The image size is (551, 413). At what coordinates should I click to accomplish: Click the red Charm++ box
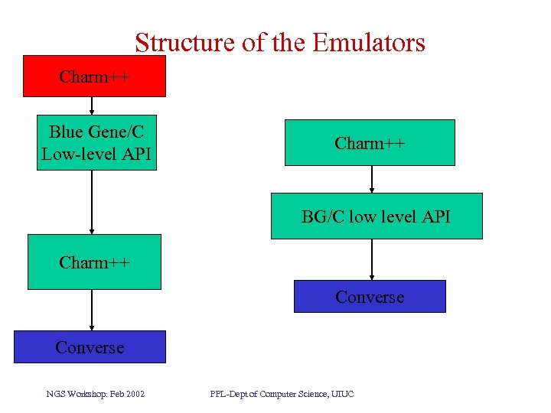click(x=94, y=76)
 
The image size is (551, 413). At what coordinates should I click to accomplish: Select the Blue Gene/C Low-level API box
click(x=96, y=142)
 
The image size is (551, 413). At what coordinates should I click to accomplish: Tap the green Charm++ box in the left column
click(x=94, y=262)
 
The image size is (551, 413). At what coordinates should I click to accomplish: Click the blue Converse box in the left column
click(x=90, y=347)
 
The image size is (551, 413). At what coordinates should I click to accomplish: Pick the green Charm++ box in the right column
click(x=370, y=143)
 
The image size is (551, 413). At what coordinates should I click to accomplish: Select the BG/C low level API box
click(x=376, y=216)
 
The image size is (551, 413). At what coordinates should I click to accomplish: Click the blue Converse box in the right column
click(x=370, y=297)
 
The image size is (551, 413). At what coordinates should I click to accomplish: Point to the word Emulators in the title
click(x=367, y=42)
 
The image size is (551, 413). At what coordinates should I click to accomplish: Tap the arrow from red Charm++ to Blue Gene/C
click(x=92, y=106)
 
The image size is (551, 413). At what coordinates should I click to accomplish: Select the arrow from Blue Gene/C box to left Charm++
click(x=92, y=202)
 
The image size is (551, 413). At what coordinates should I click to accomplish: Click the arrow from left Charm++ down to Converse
click(x=92, y=310)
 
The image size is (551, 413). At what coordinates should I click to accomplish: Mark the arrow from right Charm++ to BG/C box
click(x=372, y=179)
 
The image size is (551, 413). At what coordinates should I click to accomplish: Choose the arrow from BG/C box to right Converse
click(x=372, y=259)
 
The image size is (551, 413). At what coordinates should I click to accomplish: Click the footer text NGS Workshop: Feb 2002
click(x=96, y=394)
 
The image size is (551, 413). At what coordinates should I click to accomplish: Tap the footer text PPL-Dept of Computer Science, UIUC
click(x=282, y=394)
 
